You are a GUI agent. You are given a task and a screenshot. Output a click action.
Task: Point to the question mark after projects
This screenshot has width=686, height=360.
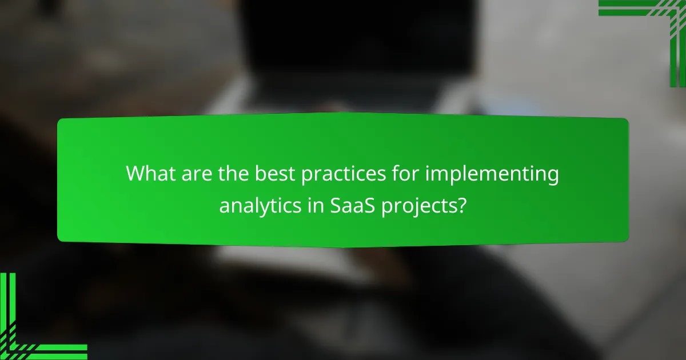pyautogui.click(x=461, y=205)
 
